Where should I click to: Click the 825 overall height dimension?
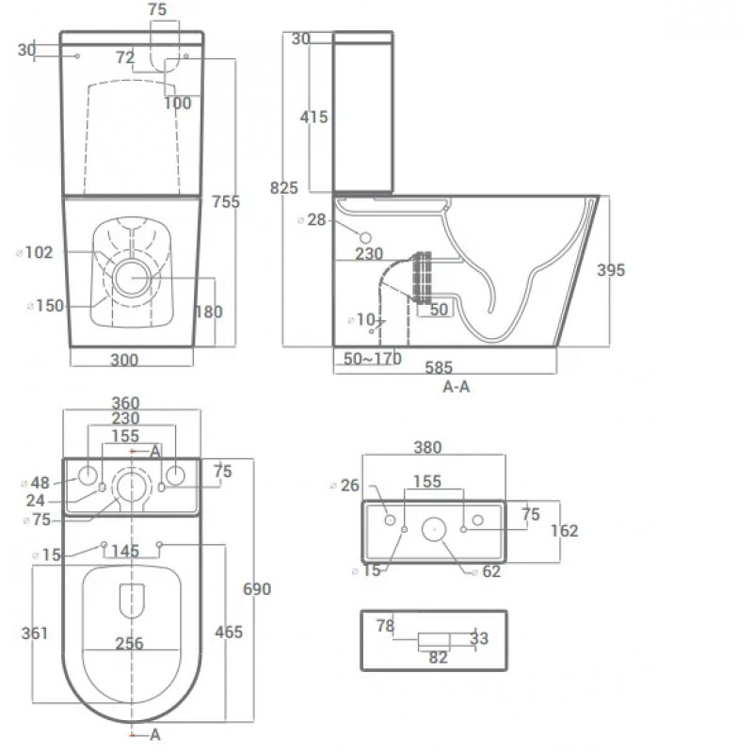pyautogui.click(x=284, y=187)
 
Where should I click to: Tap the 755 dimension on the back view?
pyautogui.click(x=226, y=201)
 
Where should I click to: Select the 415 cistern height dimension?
pyautogui.click(x=313, y=117)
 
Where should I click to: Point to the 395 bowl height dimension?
pyautogui.click(x=611, y=270)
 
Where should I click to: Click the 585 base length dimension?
pyautogui.click(x=439, y=368)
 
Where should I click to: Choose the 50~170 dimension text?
pyautogui.click(x=373, y=359)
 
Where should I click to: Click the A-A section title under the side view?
pyautogui.click(x=457, y=387)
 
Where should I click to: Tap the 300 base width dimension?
pyautogui.click(x=124, y=360)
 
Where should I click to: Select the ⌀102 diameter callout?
pyautogui.click(x=35, y=252)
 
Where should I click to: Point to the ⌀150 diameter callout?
pyautogui.click(x=45, y=306)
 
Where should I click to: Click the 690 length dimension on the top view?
pyautogui.click(x=257, y=589)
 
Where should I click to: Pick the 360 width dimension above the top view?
pyautogui.click(x=126, y=403)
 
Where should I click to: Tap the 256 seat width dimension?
pyautogui.click(x=129, y=644)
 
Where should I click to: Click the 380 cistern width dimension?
pyautogui.click(x=427, y=448)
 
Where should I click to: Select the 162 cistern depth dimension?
pyautogui.click(x=564, y=531)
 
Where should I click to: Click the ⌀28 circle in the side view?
pyautogui.click(x=365, y=237)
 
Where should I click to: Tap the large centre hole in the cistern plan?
pyautogui.click(x=434, y=529)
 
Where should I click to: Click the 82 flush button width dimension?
pyautogui.click(x=438, y=657)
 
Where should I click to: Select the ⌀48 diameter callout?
pyautogui.click(x=36, y=483)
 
